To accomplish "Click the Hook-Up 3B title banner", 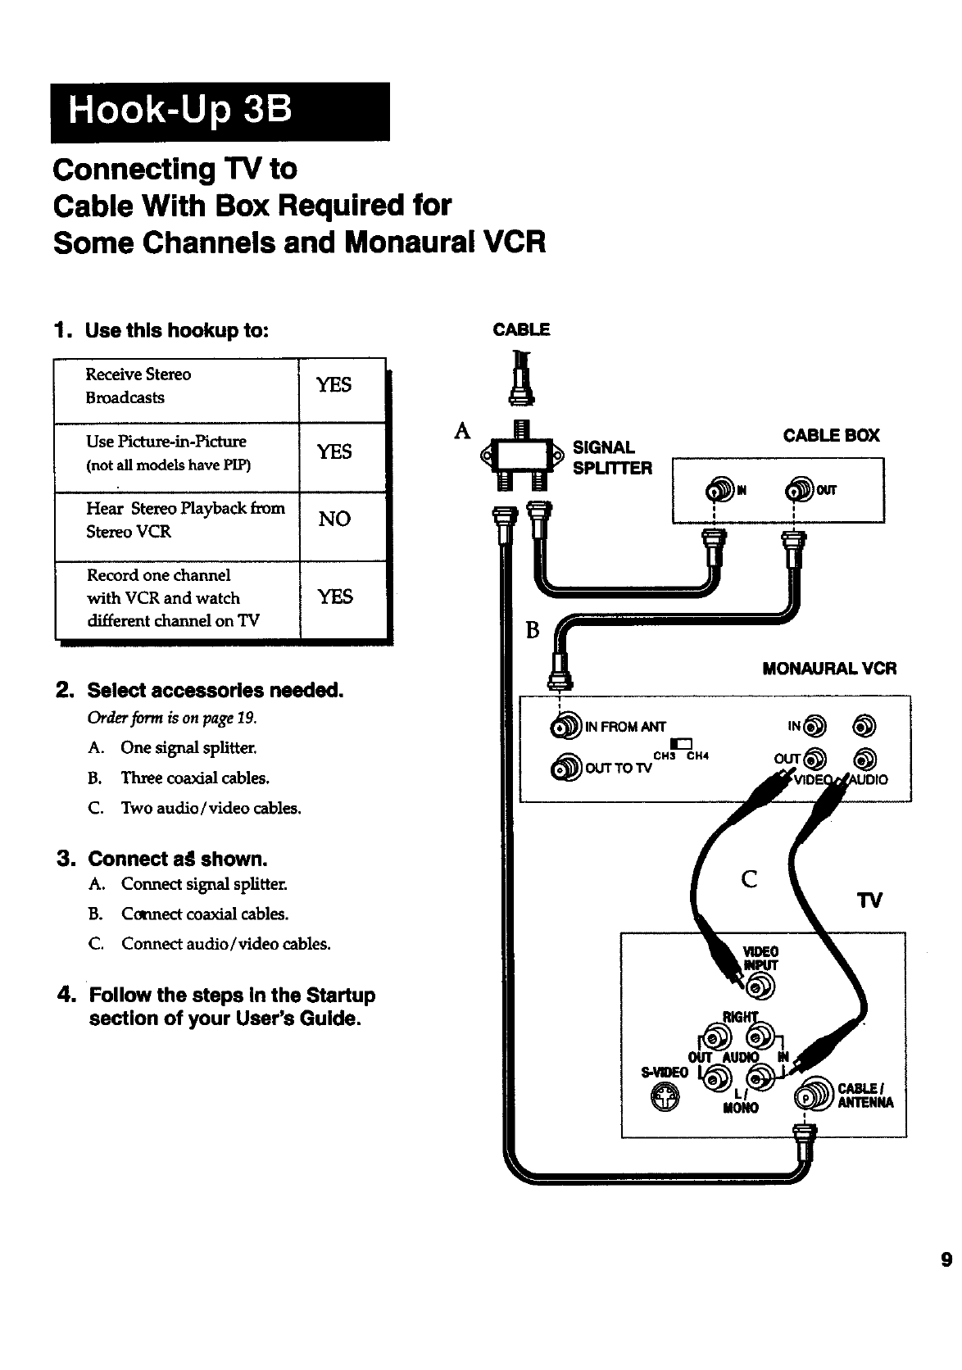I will click(x=220, y=111).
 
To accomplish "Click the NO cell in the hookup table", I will click(x=334, y=519).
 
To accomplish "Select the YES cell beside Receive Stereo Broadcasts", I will click(x=334, y=385).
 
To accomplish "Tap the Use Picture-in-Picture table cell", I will click(x=175, y=452).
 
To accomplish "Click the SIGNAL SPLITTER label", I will click(x=611, y=458).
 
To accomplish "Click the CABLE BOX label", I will click(x=831, y=436).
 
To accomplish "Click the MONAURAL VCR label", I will click(x=829, y=669).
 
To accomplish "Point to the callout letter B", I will click(x=533, y=630).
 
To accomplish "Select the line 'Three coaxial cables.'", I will click(x=195, y=778).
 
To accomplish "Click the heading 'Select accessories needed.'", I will click(x=215, y=690).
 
